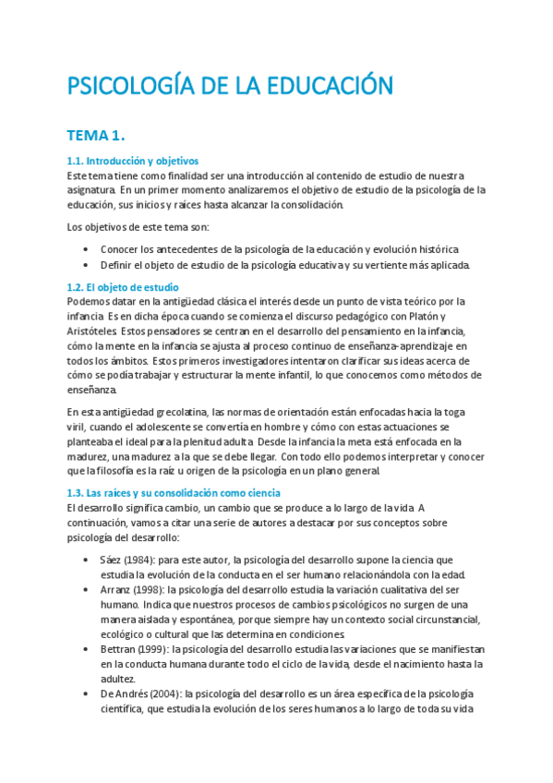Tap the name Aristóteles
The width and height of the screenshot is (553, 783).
(93, 331)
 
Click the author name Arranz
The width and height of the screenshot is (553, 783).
(118, 590)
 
